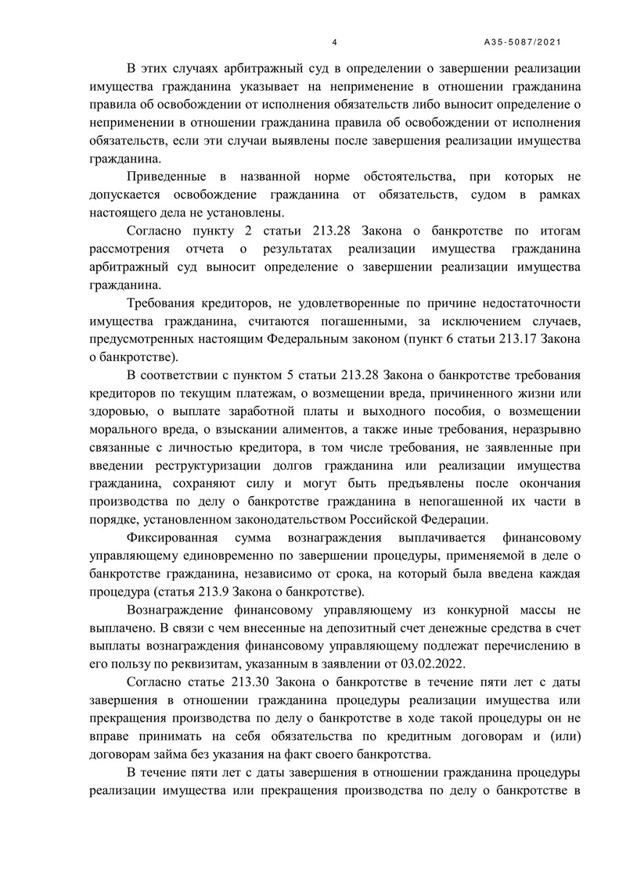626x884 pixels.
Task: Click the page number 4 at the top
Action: point(334,42)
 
